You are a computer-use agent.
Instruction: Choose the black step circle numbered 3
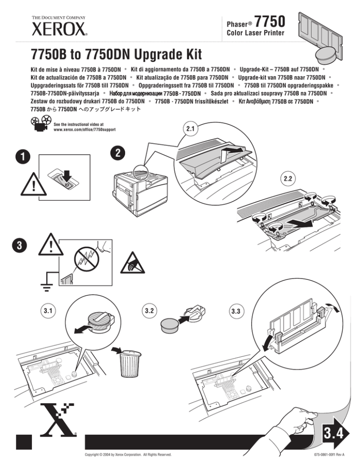tap(20, 245)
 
